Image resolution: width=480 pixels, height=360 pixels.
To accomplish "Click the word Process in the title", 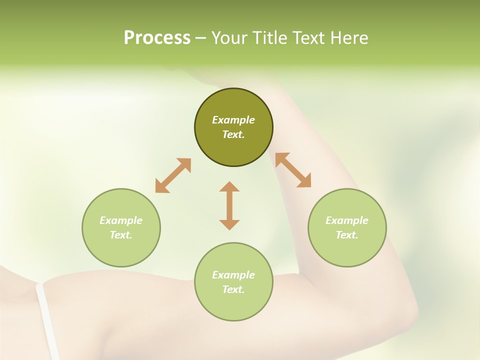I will [x=157, y=38].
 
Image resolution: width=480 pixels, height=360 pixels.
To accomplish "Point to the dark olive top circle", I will [x=233, y=100].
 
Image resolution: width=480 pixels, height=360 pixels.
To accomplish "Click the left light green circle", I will [x=121, y=250].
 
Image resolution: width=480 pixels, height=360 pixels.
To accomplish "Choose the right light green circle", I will [x=347, y=250].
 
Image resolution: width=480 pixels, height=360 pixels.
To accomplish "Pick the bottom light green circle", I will [x=233, y=305].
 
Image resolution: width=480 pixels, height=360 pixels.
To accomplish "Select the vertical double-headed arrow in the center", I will [x=229, y=205].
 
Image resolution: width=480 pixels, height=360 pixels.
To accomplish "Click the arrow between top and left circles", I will [x=173, y=175].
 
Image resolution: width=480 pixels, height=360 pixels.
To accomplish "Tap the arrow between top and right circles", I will [x=293, y=170].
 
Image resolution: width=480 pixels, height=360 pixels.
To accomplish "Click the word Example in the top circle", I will [x=233, y=120].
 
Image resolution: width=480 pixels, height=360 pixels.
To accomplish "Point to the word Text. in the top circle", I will [x=233, y=134].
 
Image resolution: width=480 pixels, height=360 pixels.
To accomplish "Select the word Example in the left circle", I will [x=121, y=220].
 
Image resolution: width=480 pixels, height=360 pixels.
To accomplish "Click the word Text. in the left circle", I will [x=121, y=235].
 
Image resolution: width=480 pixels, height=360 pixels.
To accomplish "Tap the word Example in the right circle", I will [x=347, y=220].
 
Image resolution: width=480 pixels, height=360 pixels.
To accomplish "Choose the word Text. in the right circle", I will [x=347, y=235].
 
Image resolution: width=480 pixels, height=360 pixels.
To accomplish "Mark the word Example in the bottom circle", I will [x=233, y=275].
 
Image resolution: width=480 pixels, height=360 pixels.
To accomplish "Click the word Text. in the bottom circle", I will [x=233, y=289].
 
